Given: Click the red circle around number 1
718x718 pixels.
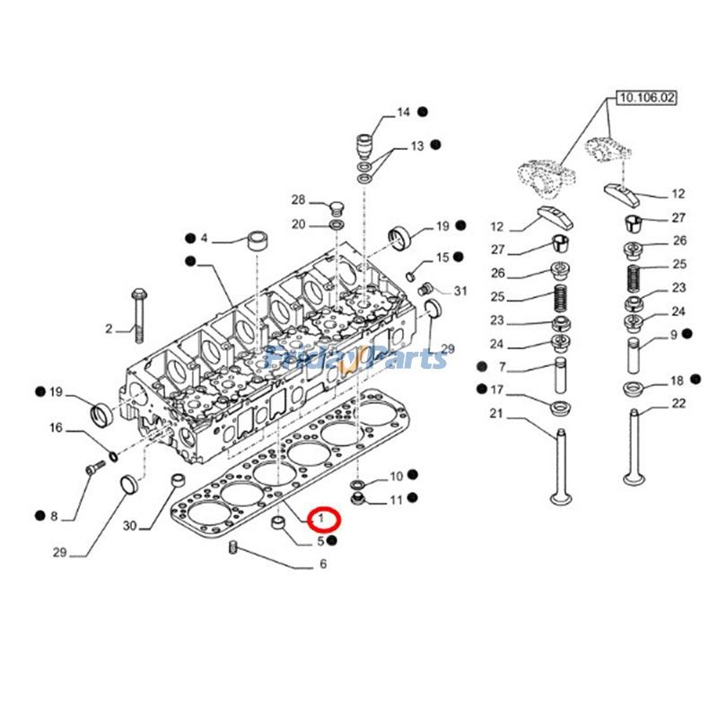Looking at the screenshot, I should [322, 520].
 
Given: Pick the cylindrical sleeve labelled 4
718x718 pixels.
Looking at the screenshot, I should [259, 240].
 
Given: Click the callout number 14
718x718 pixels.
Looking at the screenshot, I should [403, 112].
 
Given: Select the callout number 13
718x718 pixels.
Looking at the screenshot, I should [417, 145].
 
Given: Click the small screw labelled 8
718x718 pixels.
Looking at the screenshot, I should [92, 468].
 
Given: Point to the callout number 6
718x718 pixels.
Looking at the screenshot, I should [322, 565].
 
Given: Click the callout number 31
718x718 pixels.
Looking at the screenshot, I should [460, 290].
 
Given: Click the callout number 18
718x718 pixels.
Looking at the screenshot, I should [678, 381].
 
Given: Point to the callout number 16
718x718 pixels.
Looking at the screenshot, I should [56, 428].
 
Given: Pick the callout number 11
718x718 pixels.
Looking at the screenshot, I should [395, 498].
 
